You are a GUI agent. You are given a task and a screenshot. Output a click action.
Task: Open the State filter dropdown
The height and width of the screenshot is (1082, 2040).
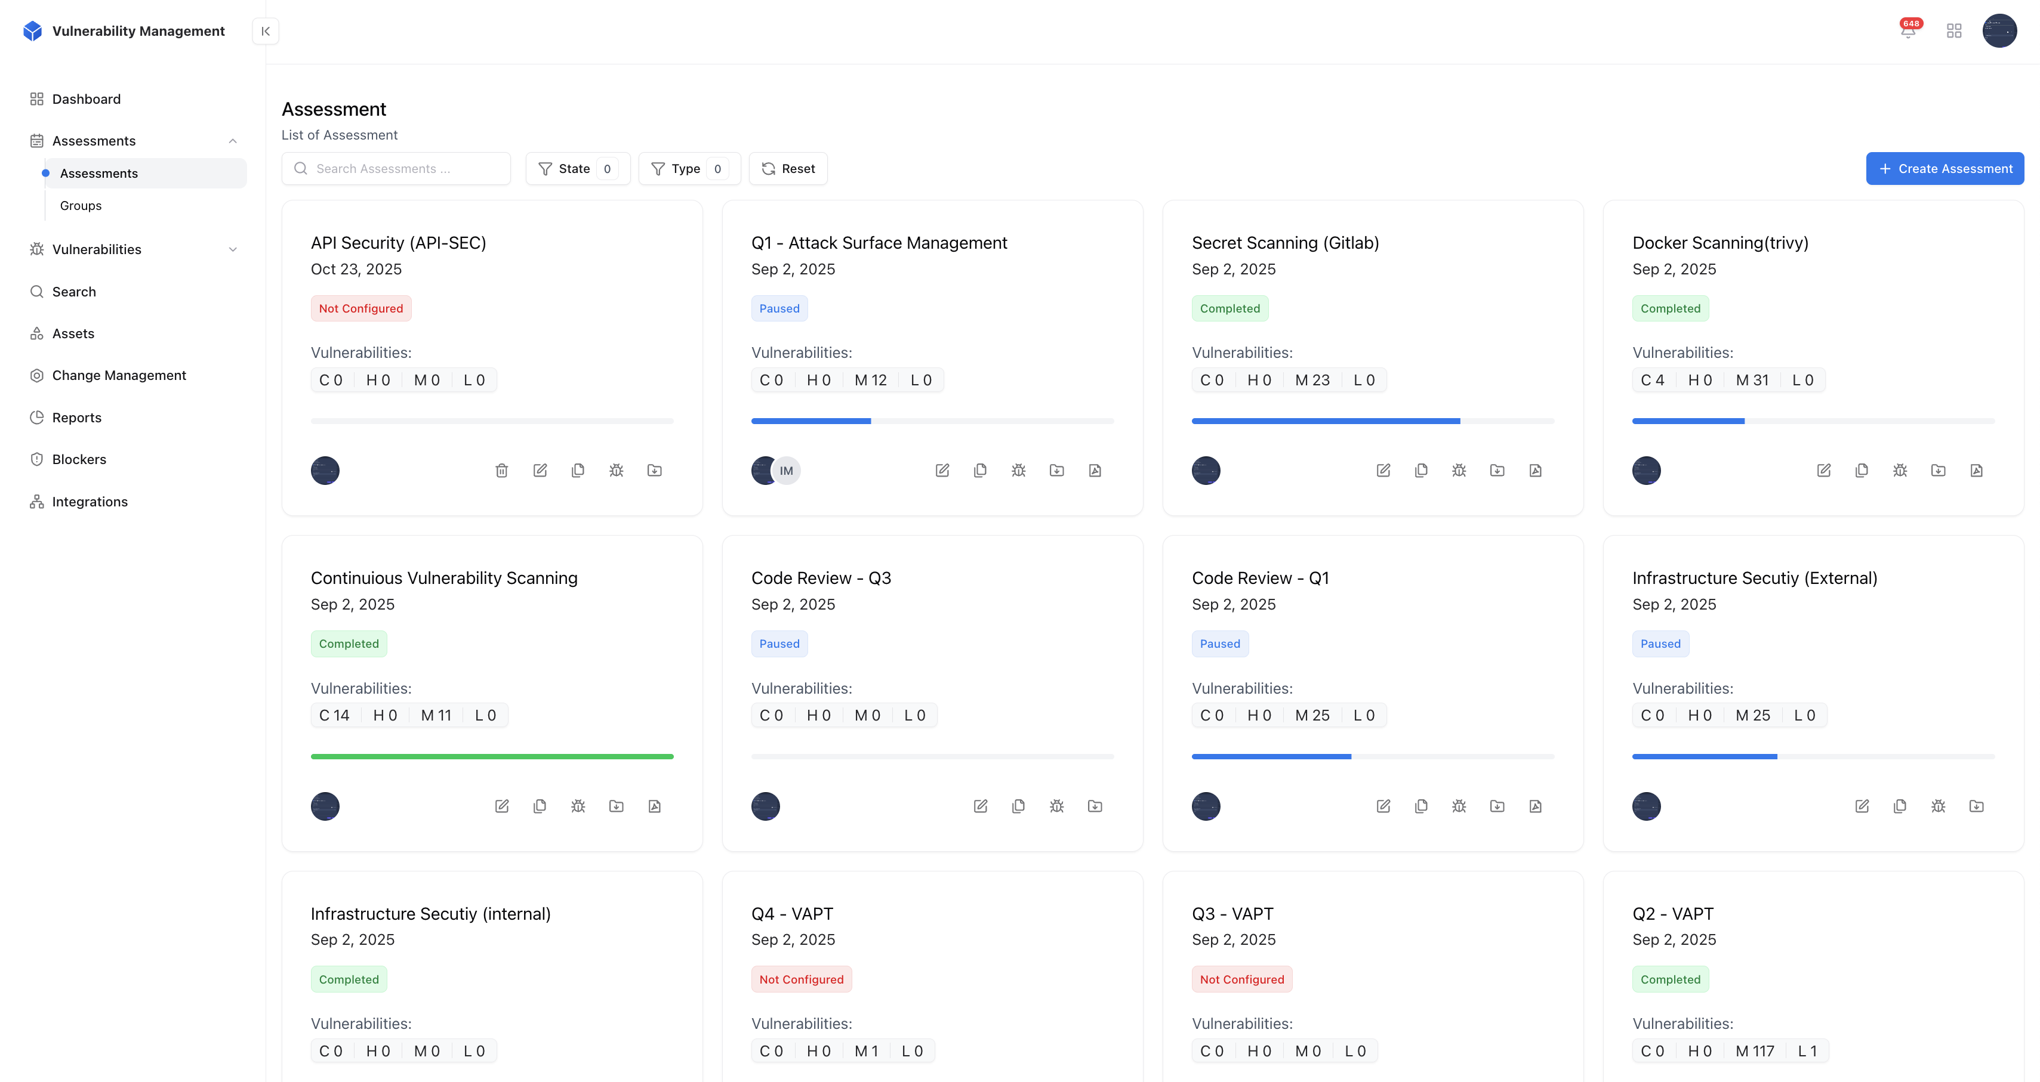click(x=577, y=169)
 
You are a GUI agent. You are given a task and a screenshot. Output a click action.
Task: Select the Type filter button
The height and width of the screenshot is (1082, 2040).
click(x=688, y=169)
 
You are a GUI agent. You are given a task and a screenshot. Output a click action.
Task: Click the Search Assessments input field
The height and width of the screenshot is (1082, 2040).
click(x=396, y=169)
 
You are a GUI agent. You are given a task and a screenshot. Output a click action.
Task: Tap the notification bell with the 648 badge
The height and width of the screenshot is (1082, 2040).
click(x=1908, y=31)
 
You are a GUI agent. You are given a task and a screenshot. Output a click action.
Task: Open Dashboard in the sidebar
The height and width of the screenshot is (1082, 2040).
click(x=87, y=99)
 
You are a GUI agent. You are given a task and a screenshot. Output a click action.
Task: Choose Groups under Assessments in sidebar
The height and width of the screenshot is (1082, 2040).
click(x=81, y=206)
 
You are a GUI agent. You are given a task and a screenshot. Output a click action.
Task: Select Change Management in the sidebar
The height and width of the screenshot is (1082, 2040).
click(x=119, y=375)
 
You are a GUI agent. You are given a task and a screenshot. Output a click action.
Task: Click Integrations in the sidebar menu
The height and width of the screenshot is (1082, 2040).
click(x=90, y=502)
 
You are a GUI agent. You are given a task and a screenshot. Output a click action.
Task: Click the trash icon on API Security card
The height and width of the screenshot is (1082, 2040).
click(x=501, y=471)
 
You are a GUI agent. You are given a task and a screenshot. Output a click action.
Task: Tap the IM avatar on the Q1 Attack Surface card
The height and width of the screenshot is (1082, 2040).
click(x=787, y=471)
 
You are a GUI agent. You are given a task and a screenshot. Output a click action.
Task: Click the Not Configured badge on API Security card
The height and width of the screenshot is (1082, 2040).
click(x=360, y=309)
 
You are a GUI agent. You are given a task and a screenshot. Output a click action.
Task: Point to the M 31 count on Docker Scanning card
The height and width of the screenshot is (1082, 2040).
click(x=1752, y=380)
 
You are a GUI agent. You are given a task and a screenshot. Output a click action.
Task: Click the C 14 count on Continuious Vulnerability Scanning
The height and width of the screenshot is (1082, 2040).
click(x=334, y=716)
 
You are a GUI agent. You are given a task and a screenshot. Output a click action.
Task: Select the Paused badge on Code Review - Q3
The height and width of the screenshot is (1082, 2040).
click(x=779, y=644)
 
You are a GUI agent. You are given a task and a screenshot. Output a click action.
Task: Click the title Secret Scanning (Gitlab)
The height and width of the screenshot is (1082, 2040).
click(x=1284, y=243)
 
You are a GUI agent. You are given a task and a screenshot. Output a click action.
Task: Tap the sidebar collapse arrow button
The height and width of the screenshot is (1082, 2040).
click(x=265, y=31)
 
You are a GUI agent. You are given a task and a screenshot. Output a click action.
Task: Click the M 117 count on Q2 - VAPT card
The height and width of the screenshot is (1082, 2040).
click(x=1755, y=1051)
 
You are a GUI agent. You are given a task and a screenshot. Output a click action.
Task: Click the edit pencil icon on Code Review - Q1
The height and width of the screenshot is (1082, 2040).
click(x=1383, y=806)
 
